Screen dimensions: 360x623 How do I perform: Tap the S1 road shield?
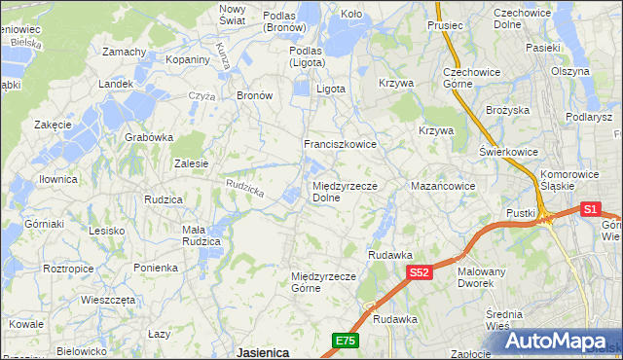590,208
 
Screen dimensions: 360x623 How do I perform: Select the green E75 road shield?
345,340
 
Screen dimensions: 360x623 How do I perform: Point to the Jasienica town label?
263,351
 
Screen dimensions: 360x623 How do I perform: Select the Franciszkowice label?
340,144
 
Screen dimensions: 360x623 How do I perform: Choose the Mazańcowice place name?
443,185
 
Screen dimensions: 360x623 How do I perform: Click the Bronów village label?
254,96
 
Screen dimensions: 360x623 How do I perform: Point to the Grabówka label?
148,137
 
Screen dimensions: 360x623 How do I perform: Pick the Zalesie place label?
191,163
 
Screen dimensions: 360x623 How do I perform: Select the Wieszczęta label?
108,301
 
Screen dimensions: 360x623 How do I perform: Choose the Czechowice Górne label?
471,78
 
